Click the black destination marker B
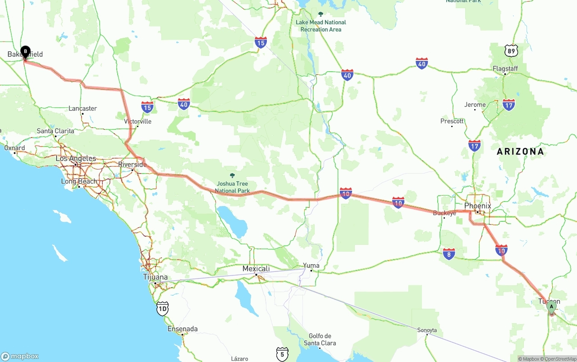coord(25,51)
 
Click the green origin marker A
coord(551,307)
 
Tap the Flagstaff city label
coord(505,69)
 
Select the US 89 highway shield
coord(511,50)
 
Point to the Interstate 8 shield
coord(449,254)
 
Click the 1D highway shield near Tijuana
coord(162,308)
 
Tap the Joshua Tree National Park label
coord(232,187)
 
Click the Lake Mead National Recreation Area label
coord(321,26)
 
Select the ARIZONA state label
coord(520,151)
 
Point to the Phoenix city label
coord(477,206)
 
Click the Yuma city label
coord(311,265)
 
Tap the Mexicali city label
coord(256,269)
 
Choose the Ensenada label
coord(183,329)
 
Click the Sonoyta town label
coord(427,330)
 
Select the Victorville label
coord(137,121)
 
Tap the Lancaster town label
coord(82,108)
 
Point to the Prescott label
coord(452,121)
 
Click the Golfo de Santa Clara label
coord(320,339)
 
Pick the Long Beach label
coord(79,181)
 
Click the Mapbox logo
coord(20,356)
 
